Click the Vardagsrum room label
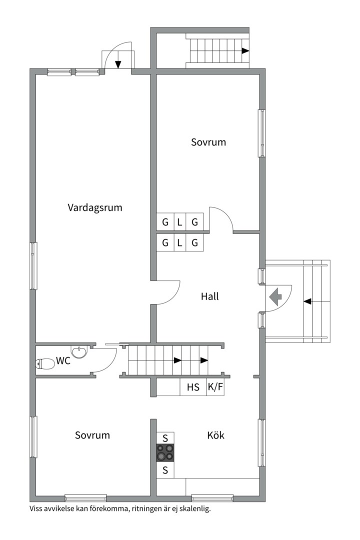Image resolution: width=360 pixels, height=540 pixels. tap(95, 207)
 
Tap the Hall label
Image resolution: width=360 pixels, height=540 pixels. tap(210, 296)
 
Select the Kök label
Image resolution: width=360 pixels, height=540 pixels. tap(216, 435)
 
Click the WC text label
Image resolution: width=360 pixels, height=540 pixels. tap(63, 360)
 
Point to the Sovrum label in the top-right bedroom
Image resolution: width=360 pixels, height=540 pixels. tap(208, 142)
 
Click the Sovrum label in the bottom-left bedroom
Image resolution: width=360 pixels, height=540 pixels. tap(92, 435)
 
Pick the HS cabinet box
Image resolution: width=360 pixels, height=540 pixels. tap(193, 386)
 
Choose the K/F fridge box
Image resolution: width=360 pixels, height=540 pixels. tap(215, 386)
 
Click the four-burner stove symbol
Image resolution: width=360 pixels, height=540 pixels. tap(165, 453)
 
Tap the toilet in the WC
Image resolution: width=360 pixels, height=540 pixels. tap(45, 364)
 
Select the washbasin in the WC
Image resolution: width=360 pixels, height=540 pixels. tap(79, 352)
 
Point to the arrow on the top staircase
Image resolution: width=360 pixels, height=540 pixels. tap(245, 50)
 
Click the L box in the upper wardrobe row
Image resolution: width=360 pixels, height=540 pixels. tap(179, 222)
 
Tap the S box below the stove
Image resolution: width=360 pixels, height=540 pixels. tap(165, 470)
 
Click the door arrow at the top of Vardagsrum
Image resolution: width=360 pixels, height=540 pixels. tap(118, 63)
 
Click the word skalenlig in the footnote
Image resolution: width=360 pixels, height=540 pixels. tap(193, 509)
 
